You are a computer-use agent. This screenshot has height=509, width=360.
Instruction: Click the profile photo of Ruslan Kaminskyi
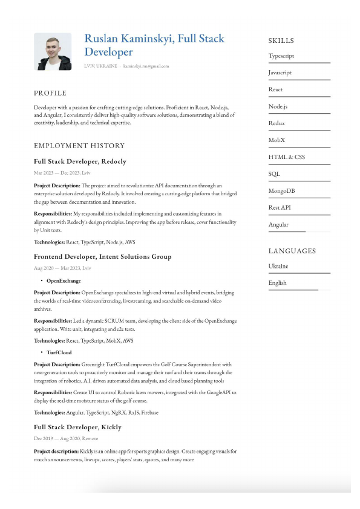pyautogui.click(x=52, y=51)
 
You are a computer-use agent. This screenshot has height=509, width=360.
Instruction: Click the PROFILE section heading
pyautogui.click(x=50, y=93)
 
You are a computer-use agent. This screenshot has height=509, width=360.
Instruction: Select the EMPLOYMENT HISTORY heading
pyautogui.click(x=79, y=146)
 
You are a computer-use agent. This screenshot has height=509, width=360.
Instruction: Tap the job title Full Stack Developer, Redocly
pyautogui.click(x=80, y=161)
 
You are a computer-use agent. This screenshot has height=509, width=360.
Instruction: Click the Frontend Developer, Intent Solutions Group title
pyautogui.click(x=102, y=256)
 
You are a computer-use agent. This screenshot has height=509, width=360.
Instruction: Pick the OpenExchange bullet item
pyautogui.click(x=63, y=280)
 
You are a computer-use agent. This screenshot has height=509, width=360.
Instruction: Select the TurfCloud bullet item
pyautogui.click(x=59, y=352)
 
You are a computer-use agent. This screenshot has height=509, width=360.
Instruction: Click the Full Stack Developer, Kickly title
pyautogui.click(x=77, y=427)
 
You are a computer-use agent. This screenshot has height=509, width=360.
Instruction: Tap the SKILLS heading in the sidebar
pyautogui.click(x=281, y=41)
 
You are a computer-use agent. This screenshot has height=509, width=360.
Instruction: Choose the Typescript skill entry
pyautogui.click(x=281, y=56)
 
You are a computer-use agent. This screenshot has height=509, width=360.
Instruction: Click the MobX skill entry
pyautogui.click(x=277, y=140)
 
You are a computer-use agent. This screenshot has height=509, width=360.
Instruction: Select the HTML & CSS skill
pyautogui.click(x=286, y=157)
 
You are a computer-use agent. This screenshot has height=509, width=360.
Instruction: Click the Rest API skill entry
pyautogui.click(x=280, y=207)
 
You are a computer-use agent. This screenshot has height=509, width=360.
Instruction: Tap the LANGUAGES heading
pyautogui.click(x=292, y=251)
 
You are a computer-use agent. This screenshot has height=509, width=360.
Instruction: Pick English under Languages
pyautogui.click(x=278, y=282)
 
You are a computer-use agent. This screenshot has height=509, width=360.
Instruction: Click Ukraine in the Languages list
pyautogui.click(x=278, y=266)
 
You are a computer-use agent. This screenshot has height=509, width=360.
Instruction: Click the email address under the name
pyautogui.click(x=146, y=66)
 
